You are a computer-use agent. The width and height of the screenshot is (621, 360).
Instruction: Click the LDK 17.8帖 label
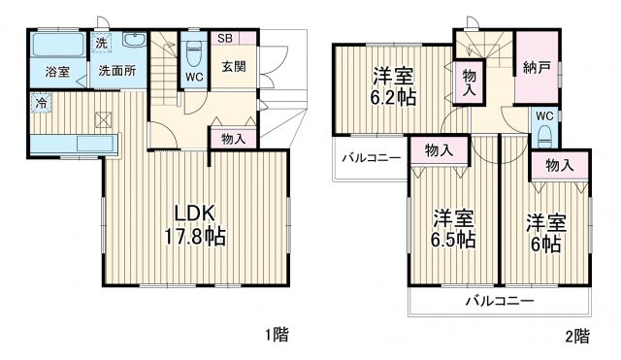200,225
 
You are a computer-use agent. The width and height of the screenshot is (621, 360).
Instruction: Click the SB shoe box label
224,39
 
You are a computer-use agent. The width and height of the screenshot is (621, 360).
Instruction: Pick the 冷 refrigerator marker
42,101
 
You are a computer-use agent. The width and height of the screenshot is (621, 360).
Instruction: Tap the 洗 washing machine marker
102,42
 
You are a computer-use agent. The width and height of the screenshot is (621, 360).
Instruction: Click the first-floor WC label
193,77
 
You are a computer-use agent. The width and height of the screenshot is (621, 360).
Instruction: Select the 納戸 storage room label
535,68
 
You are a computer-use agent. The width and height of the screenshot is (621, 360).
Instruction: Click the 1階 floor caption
275,336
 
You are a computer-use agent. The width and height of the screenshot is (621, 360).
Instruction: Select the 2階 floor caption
577,336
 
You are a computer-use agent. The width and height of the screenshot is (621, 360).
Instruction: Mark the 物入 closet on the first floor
234,138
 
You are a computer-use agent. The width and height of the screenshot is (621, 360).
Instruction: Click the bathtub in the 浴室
54,48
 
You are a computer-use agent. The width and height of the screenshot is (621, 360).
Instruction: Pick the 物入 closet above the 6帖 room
560,166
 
